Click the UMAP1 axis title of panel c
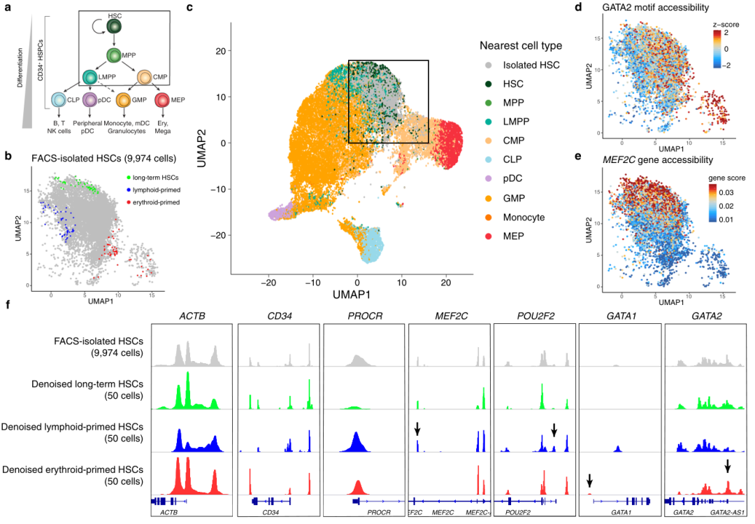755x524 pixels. pyautogui.click(x=357, y=295)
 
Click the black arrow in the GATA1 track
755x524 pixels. pyautogui.click(x=589, y=480)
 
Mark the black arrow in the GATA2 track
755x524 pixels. pyautogui.click(x=728, y=466)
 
